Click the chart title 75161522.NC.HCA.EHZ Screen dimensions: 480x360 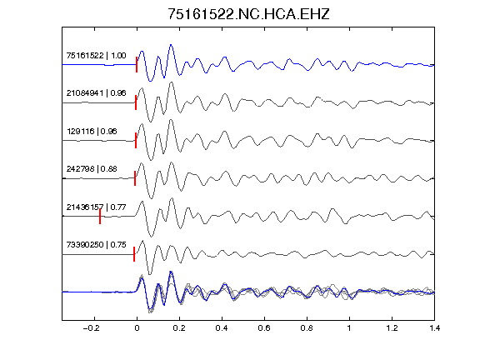click(x=248, y=14)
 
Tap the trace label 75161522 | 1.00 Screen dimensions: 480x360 click(x=97, y=55)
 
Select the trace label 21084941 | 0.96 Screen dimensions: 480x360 click(x=97, y=93)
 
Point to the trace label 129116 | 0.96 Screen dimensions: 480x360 click(x=92, y=132)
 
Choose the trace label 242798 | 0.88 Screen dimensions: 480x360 click(x=92, y=169)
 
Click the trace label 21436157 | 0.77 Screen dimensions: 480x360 click(x=97, y=207)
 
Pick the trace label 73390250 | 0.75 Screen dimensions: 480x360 click(x=97, y=245)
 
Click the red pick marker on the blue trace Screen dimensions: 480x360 click(x=137, y=65)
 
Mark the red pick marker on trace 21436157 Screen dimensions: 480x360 click(x=100, y=217)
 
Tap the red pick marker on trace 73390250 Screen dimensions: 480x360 click(x=134, y=254)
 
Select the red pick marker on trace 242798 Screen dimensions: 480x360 click(x=135, y=178)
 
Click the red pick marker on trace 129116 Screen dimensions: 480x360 click(x=136, y=141)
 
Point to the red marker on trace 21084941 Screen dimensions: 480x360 click(x=136, y=102)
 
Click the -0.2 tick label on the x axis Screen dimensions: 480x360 click(x=92, y=328)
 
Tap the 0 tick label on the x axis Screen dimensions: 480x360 click(x=137, y=328)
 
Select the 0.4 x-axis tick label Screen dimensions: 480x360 click(x=222, y=328)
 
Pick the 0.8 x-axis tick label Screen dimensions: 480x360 click(x=307, y=328)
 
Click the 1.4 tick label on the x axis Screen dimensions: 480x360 click(x=434, y=328)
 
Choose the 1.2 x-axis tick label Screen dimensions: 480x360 click(x=392, y=328)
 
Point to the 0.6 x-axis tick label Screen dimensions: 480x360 click(x=264, y=328)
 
